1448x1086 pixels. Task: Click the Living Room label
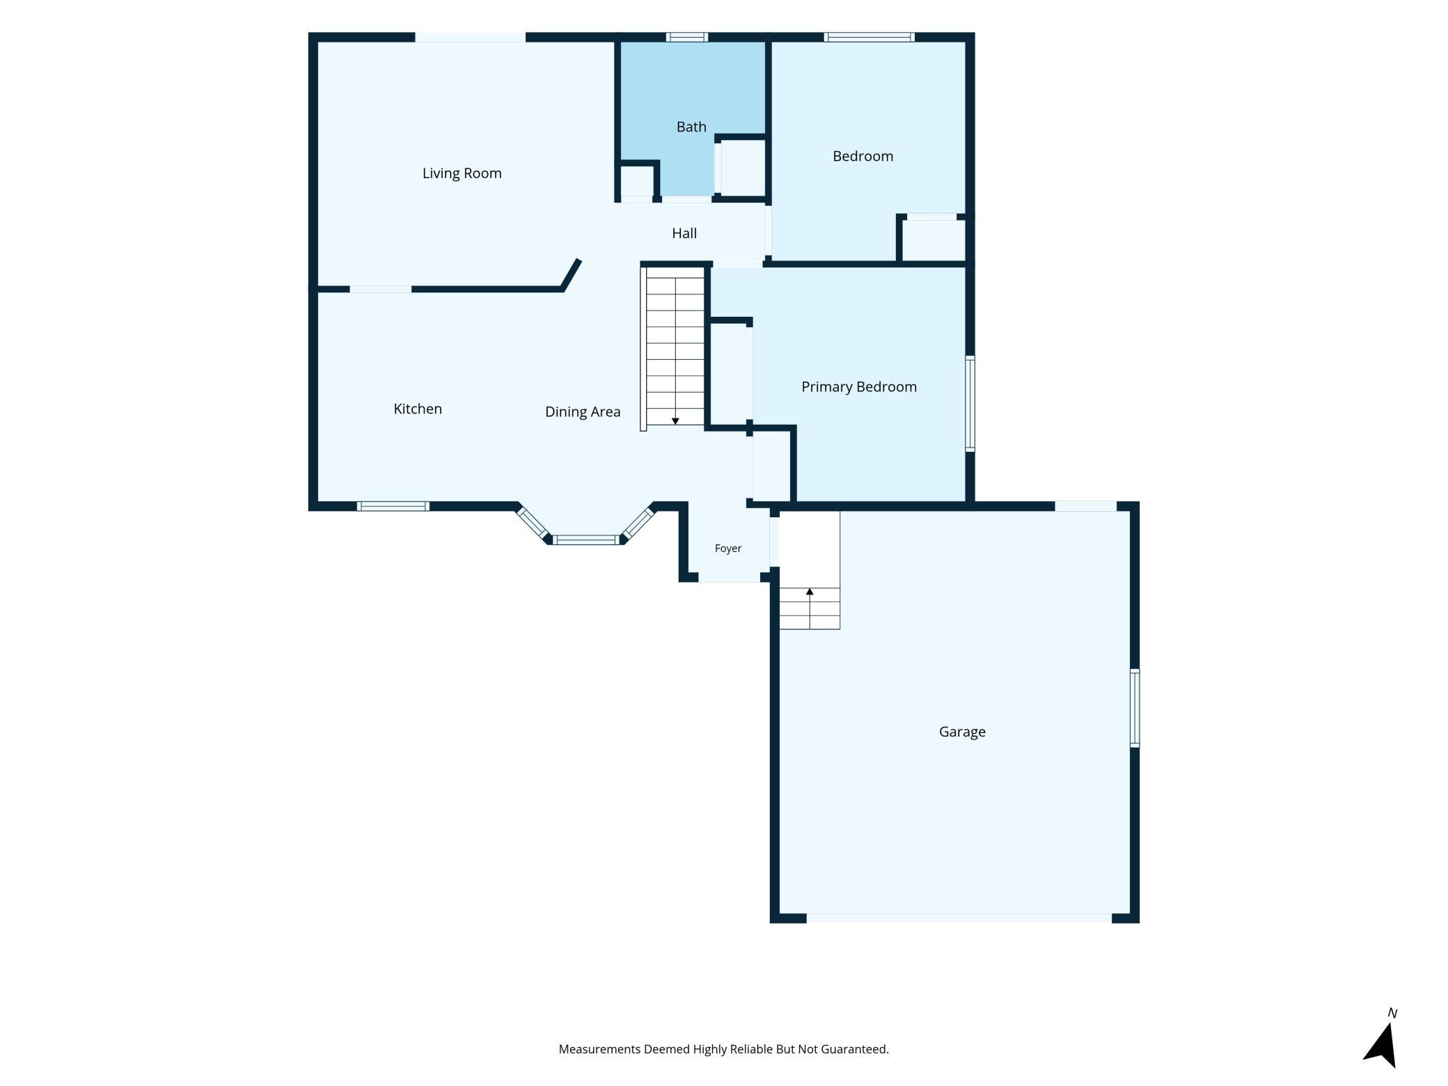(x=462, y=173)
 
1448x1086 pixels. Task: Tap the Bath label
(x=691, y=127)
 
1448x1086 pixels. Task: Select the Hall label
(x=684, y=233)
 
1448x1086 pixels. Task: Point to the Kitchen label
(x=418, y=409)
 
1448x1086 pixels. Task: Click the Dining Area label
(x=583, y=412)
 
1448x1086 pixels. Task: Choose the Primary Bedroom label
(x=859, y=387)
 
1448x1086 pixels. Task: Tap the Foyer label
(x=728, y=549)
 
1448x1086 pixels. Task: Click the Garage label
(x=962, y=732)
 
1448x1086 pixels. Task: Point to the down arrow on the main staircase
(x=675, y=420)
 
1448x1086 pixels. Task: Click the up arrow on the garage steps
(x=810, y=592)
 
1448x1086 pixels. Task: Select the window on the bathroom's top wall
(x=687, y=37)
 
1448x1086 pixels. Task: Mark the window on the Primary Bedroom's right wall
(x=970, y=404)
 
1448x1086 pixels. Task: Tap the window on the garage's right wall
(x=1134, y=708)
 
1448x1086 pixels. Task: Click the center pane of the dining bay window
(x=585, y=540)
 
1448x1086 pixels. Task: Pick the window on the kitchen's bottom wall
(x=393, y=506)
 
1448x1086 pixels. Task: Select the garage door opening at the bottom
(x=959, y=918)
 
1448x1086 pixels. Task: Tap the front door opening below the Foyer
(x=729, y=577)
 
